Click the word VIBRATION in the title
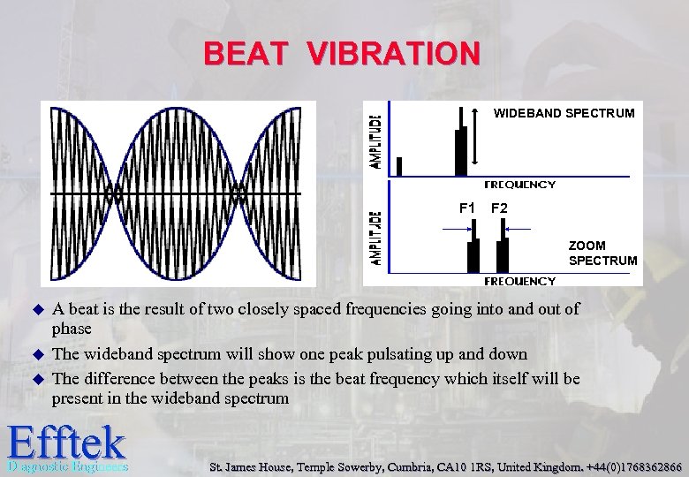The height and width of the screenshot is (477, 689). (x=394, y=53)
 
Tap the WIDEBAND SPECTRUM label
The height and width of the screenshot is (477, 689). (x=564, y=113)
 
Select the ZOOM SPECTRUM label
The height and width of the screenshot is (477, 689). (x=602, y=253)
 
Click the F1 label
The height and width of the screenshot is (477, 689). (x=467, y=208)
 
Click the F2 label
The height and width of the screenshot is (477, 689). (x=499, y=208)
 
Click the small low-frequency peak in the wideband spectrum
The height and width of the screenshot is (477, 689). (x=399, y=166)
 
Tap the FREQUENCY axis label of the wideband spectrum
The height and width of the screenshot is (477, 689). (x=520, y=185)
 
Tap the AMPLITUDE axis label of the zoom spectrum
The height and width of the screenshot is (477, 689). (x=375, y=237)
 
